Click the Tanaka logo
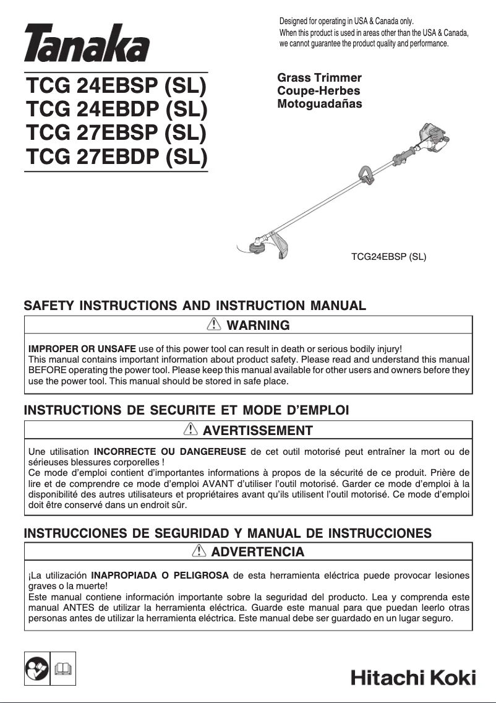(x=87, y=44)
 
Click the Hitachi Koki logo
(x=413, y=677)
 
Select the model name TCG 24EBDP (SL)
(x=116, y=109)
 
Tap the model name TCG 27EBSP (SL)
(x=116, y=133)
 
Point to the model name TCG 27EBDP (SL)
(x=116, y=157)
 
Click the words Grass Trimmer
(x=319, y=78)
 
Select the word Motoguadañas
(x=320, y=104)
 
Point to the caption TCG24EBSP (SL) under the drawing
(x=388, y=256)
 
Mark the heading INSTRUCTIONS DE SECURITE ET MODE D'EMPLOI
(x=186, y=410)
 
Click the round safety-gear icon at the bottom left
(x=37, y=669)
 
